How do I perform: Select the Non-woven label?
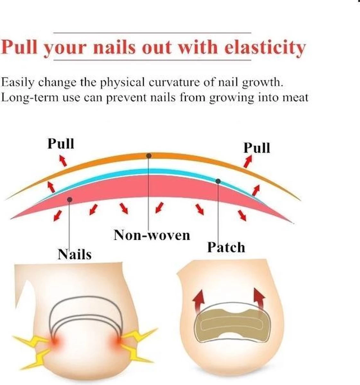[152, 235]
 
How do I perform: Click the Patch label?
[226, 247]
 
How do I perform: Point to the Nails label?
[75, 254]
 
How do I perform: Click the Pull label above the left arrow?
[61, 143]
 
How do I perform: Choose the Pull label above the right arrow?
[257, 148]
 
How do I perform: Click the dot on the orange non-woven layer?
[149, 156]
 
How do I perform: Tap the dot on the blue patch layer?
[218, 181]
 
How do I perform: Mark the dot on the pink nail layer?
[70, 200]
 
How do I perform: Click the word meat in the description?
[295, 97]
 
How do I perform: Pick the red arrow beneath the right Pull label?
[248, 161]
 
